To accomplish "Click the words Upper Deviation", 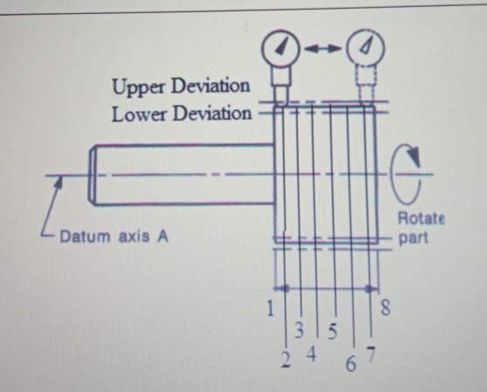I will click(180, 87).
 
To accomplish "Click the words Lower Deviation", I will click(180, 113).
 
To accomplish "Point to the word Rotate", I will click(421, 218).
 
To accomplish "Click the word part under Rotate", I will click(415, 237).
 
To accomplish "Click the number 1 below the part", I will click(270, 307).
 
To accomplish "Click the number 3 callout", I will click(298, 331).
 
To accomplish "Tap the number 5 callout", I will click(331, 331).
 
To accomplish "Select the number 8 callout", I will click(386, 307).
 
